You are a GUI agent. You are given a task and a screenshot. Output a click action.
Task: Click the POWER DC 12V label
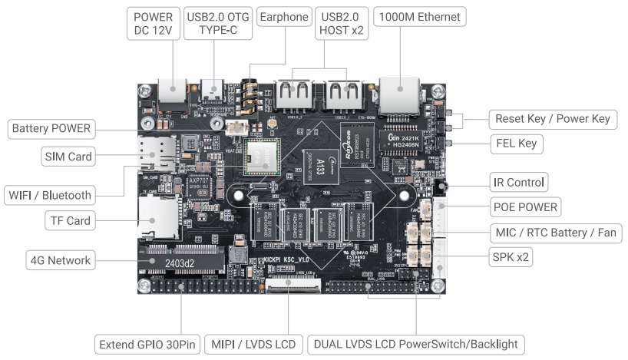(x=154, y=24)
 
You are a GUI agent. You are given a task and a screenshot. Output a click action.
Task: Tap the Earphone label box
(x=283, y=17)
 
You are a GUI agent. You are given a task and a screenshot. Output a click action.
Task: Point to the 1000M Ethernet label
(x=419, y=17)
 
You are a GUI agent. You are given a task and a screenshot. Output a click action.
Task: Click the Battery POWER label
(x=51, y=128)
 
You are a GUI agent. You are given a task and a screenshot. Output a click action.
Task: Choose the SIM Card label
(x=68, y=157)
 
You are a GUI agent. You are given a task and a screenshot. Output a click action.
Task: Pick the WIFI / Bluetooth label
(x=51, y=194)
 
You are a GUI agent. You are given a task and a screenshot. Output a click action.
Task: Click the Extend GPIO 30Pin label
(x=147, y=345)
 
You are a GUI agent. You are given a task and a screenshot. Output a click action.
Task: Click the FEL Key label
(x=517, y=144)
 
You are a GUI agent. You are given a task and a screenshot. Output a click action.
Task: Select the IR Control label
(x=518, y=182)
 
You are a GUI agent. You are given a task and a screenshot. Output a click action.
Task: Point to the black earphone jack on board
(x=250, y=95)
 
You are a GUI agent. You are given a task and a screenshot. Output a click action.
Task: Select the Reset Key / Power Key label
(x=552, y=119)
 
